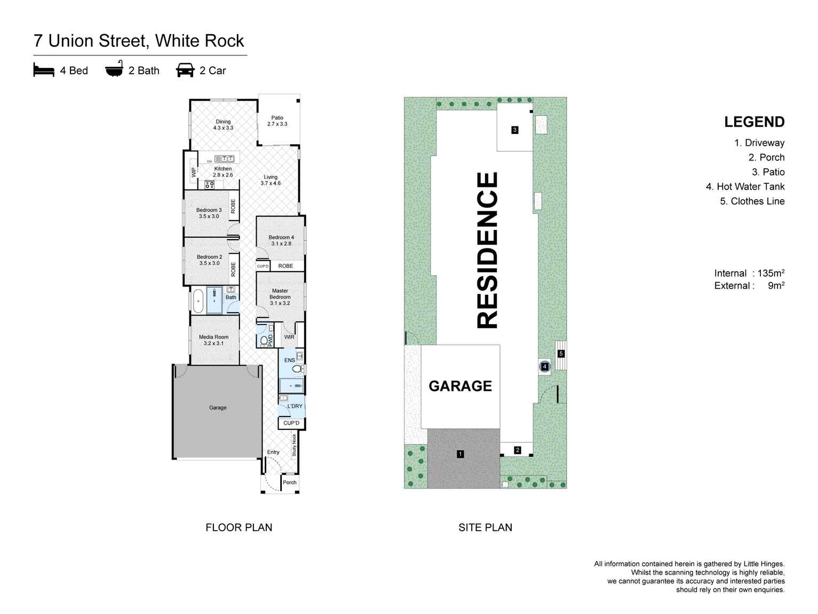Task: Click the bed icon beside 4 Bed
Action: click(x=44, y=70)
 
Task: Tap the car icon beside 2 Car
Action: click(x=185, y=70)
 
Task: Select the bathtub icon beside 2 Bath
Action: click(x=114, y=69)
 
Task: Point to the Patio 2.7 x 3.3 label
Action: click(x=277, y=121)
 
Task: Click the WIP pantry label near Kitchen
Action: click(x=194, y=172)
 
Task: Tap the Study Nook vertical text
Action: click(x=294, y=445)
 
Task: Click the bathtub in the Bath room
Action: click(x=198, y=301)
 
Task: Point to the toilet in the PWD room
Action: click(x=264, y=341)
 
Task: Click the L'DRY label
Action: click(x=295, y=406)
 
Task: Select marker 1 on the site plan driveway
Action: click(x=460, y=454)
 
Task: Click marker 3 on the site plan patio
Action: click(x=514, y=130)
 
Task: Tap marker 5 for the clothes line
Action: click(x=561, y=353)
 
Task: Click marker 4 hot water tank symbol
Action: click(x=544, y=366)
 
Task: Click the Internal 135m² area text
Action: click(x=749, y=273)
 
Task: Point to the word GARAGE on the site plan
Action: click(x=460, y=386)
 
